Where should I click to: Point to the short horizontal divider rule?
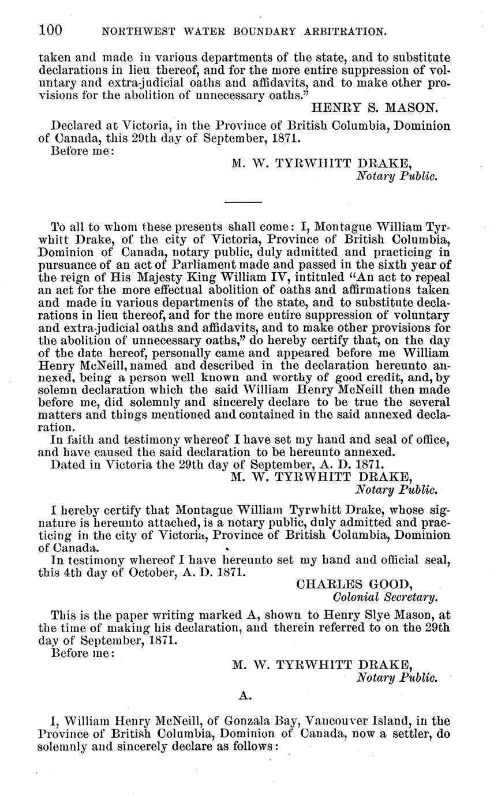click(x=243, y=202)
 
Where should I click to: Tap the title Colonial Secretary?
click(x=384, y=596)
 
